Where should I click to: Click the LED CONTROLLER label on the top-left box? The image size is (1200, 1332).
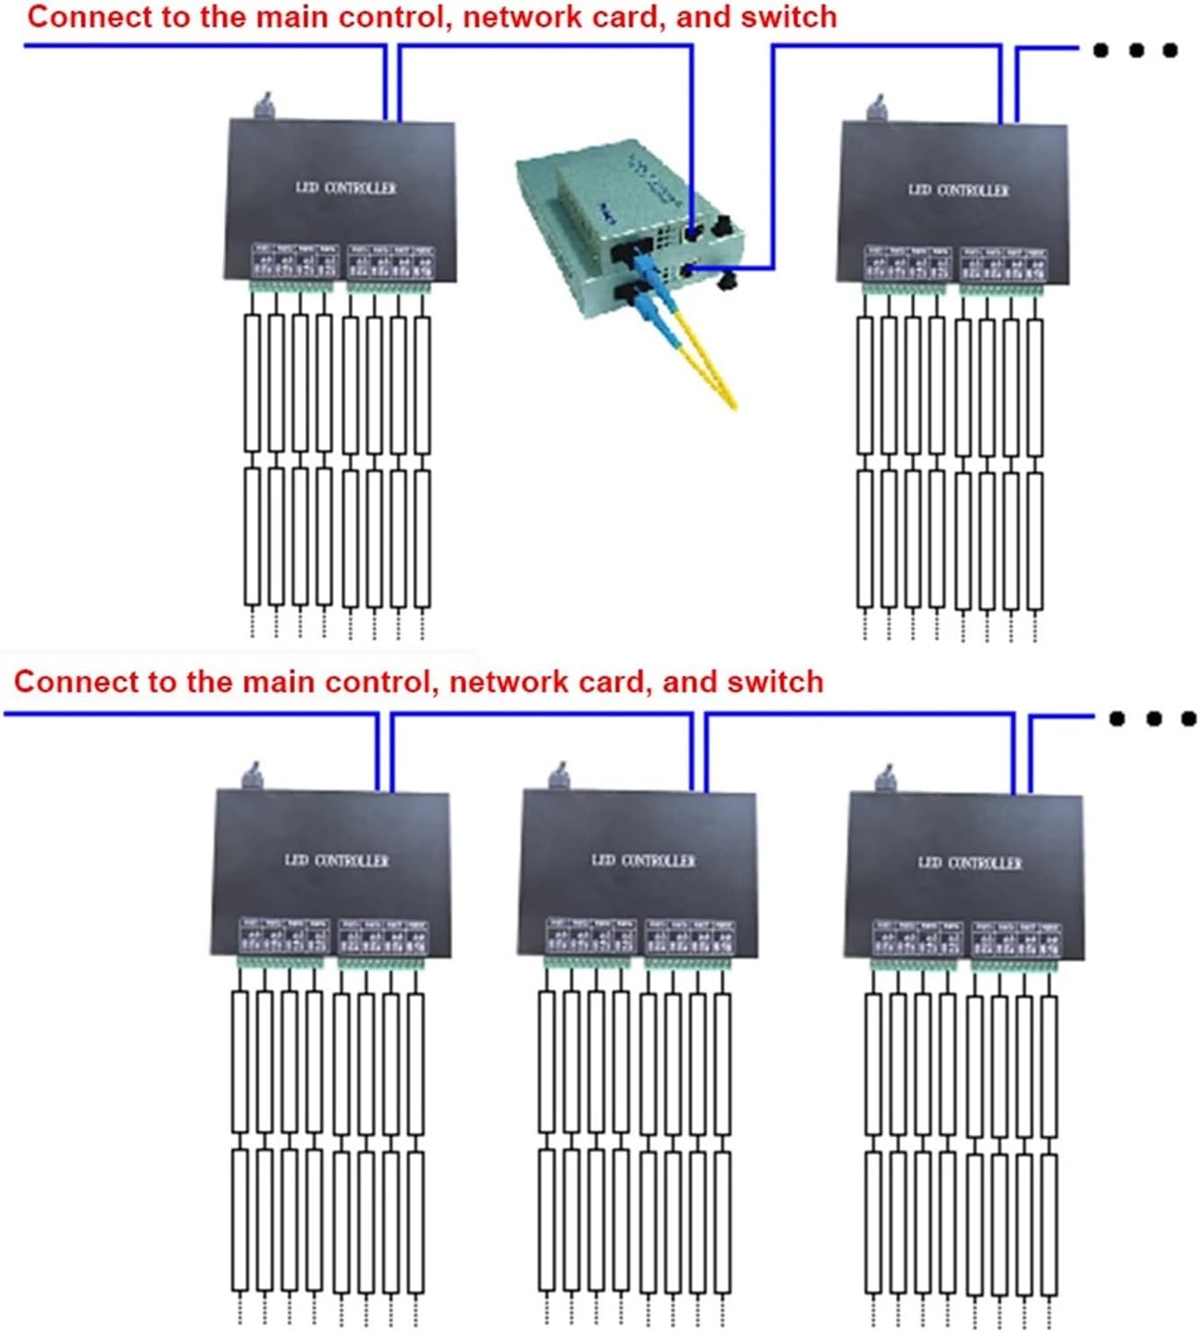(345, 188)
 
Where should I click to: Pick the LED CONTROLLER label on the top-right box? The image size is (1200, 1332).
(958, 190)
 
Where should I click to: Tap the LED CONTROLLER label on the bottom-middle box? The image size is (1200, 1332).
(643, 861)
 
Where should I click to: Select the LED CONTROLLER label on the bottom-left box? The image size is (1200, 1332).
(336, 861)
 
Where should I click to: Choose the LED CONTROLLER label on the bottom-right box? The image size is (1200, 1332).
(970, 863)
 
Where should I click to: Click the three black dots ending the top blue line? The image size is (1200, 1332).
(1135, 50)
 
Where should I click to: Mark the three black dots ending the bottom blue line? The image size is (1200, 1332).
(1152, 719)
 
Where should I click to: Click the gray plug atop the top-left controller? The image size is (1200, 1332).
(264, 106)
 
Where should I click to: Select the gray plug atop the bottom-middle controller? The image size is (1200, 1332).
(560, 775)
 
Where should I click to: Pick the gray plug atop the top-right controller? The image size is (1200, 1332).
(876, 109)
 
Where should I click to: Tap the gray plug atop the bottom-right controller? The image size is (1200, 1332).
(887, 778)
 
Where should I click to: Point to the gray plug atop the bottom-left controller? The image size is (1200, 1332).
(253, 775)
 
